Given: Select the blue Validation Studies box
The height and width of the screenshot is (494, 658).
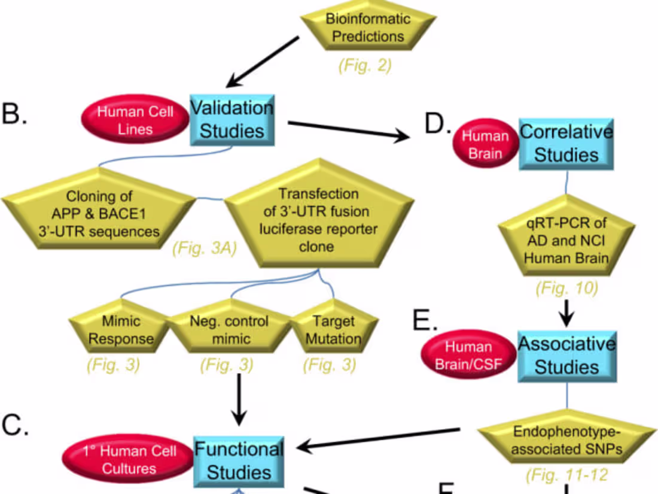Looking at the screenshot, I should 231,119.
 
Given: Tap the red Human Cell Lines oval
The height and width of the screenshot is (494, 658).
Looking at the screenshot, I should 136,120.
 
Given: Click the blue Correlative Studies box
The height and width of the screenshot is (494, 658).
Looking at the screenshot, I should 566,144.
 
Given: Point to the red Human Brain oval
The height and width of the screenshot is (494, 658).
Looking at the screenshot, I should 485,144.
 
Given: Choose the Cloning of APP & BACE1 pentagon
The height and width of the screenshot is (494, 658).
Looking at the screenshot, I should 99,214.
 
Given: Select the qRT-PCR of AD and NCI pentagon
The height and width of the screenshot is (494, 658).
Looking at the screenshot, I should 565,241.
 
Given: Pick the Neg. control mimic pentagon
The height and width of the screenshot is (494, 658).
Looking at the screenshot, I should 229,329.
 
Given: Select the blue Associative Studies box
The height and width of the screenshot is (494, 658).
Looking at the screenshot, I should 566,355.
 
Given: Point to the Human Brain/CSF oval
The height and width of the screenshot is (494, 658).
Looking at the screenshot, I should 469,356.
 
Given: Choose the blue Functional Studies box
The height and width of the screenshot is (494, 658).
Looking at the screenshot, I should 239,460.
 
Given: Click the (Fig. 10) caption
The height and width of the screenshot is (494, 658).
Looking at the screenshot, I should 566,289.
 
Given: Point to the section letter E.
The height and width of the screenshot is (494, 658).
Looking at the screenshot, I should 425,321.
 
